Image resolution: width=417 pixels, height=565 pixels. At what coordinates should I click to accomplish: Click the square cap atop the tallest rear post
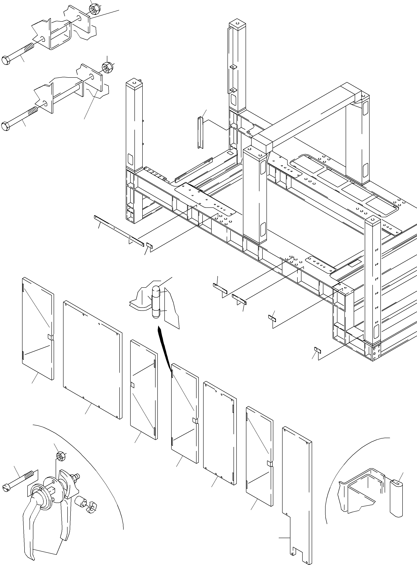pos(238,24)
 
